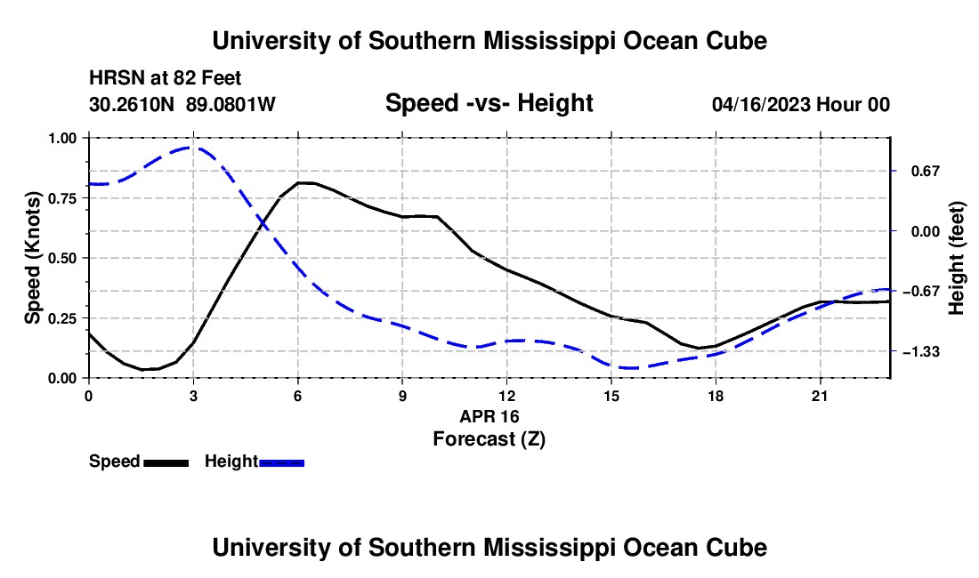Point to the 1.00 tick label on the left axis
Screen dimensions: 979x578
click(62, 139)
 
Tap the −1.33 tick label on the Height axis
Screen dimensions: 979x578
click(921, 352)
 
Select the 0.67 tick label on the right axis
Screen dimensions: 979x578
click(926, 172)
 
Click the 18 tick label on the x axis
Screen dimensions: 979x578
click(716, 396)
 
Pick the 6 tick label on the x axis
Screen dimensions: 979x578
click(298, 396)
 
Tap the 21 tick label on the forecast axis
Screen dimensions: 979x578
click(820, 396)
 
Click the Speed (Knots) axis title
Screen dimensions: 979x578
click(32, 258)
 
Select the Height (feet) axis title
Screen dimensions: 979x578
click(956, 258)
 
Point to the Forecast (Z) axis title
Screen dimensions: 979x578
click(489, 439)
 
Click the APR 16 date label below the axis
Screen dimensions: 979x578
click(489, 416)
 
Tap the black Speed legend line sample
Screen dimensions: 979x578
click(166, 462)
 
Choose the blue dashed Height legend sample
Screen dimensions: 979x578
click(281, 462)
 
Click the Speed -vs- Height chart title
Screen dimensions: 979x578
click(489, 103)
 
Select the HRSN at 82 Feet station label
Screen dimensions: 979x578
click(165, 78)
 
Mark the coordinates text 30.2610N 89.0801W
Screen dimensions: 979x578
click(182, 104)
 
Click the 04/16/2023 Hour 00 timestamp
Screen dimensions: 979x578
click(801, 104)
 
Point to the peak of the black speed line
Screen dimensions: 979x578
click(306, 182)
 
